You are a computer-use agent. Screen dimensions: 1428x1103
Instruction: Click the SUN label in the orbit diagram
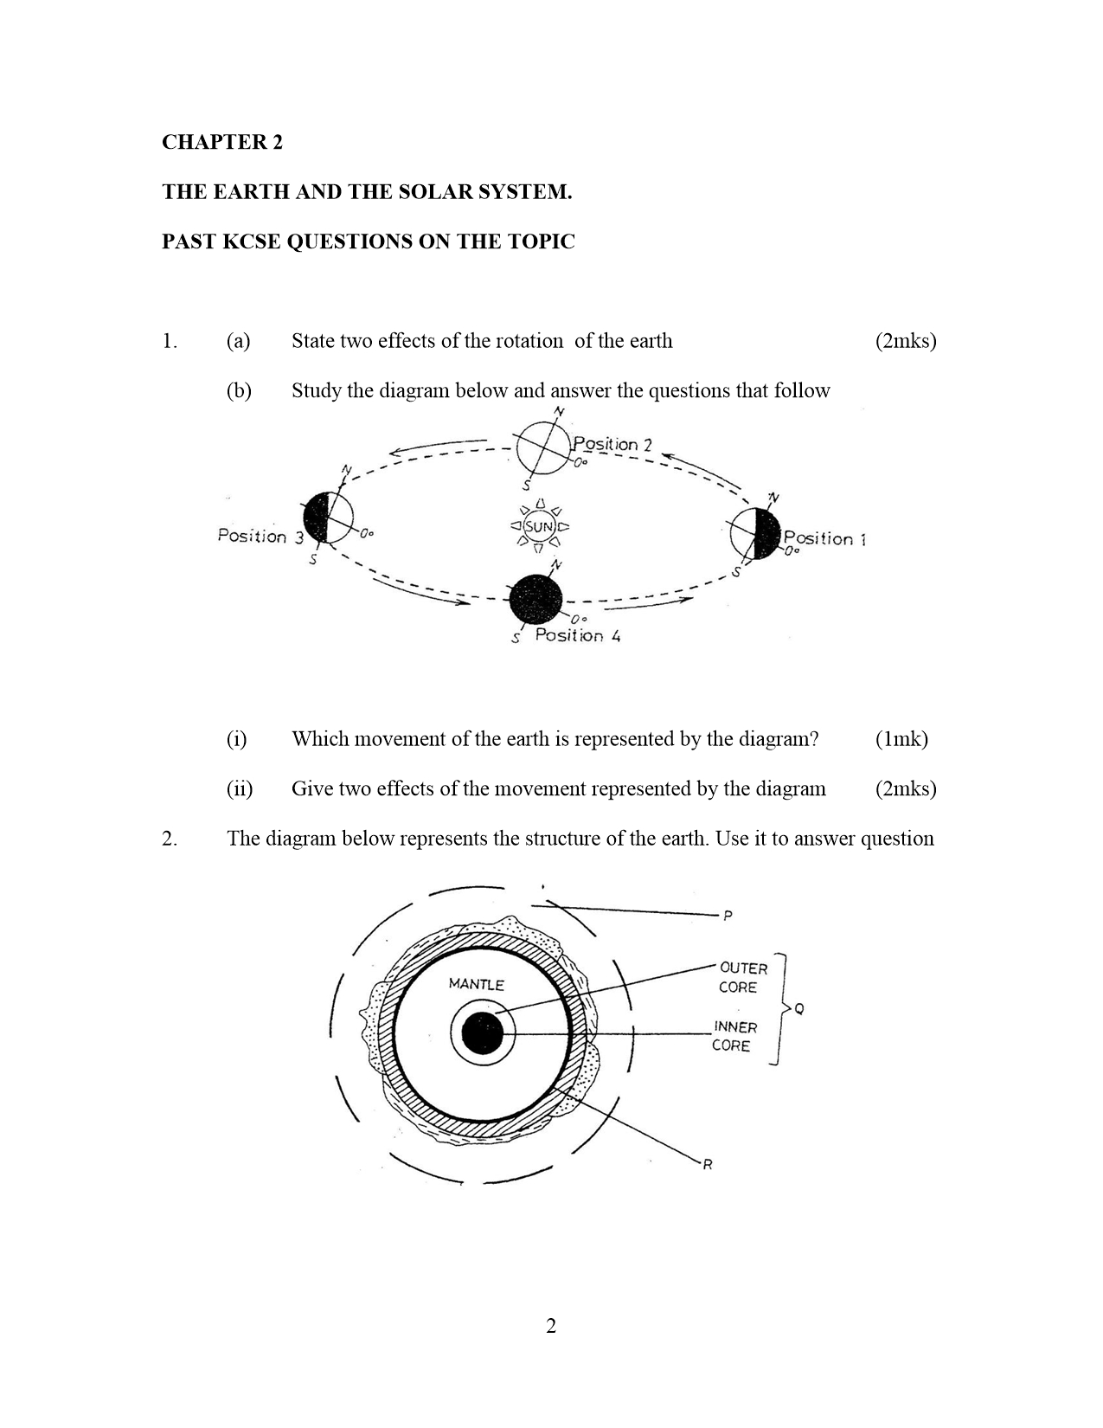[538, 526]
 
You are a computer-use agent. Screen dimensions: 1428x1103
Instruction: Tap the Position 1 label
[824, 538]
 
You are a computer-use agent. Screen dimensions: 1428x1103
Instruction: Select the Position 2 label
[612, 445]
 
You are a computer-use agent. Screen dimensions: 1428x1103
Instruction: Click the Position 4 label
[578, 636]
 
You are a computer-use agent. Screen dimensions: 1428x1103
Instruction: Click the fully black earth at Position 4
[535, 600]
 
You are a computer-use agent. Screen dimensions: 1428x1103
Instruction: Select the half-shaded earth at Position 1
[755, 533]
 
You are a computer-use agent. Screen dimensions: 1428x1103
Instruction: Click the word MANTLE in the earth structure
[476, 984]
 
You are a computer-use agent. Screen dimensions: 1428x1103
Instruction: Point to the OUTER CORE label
[743, 978]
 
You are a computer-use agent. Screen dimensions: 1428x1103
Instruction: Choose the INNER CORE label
[734, 1036]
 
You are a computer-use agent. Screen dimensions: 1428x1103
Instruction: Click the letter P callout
[728, 915]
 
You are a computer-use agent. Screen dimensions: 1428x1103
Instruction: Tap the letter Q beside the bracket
[798, 1008]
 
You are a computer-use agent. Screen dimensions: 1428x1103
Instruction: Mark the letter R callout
[707, 1165]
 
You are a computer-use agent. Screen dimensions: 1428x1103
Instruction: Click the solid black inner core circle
[483, 1033]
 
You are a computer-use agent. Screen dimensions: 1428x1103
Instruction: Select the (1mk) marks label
[901, 739]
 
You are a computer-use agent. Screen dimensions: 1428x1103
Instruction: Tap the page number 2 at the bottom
[551, 1326]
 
